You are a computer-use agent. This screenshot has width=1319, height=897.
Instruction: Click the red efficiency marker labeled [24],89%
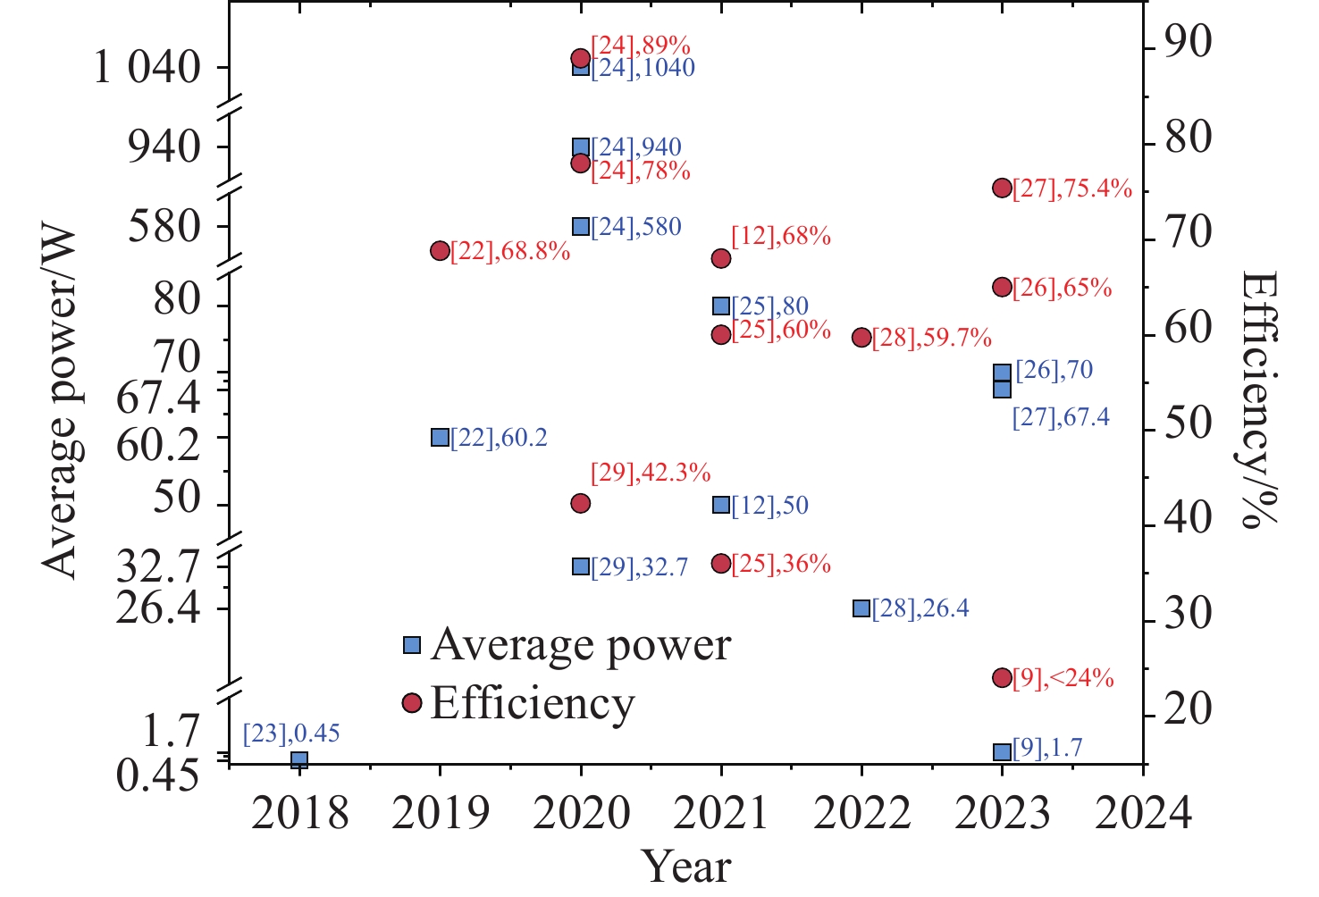click(x=581, y=58)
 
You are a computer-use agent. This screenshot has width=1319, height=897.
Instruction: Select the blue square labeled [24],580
click(x=581, y=226)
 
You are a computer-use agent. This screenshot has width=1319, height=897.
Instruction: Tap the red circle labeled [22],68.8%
click(x=440, y=250)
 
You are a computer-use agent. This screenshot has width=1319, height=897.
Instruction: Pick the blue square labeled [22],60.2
click(x=440, y=437)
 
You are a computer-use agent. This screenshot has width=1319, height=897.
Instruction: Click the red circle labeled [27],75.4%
click(x=1002, y=188)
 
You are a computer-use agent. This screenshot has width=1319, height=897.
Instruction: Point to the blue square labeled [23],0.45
click(x=299, y=759)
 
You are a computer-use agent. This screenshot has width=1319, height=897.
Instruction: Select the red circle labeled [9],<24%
click(x=1002, y=677)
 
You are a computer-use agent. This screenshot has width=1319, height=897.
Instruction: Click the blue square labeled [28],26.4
click(x=861, y=608)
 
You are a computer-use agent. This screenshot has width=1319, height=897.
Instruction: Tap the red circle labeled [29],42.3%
click(x=581, y=503)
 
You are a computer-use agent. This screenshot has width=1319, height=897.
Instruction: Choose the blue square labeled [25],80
click(x=721, y=306)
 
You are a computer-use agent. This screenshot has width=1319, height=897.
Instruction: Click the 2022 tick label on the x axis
click(x=861, y=814)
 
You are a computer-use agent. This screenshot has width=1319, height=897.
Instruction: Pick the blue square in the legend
click(x=412, y=644)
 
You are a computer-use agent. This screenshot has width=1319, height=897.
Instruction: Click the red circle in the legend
click(x=412, y=703)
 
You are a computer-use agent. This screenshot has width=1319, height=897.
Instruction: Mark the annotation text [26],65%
click(x=1062, y=288)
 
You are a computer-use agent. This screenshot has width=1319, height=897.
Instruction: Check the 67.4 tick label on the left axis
click(x=159, y=397)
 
